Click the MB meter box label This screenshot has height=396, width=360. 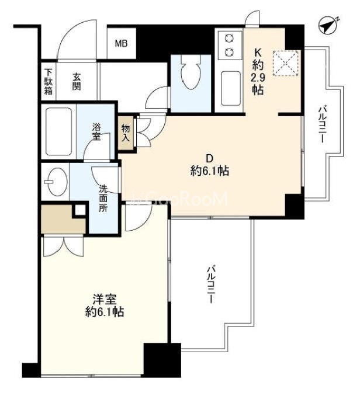pyautogui.click(x=121, y=44)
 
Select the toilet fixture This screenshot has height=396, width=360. pyautogui.click(x=191, y=72)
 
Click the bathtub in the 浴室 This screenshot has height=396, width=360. pyautogui.click(x=58, y=131)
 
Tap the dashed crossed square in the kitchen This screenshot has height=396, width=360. pyautogui.click(x=285, y=63)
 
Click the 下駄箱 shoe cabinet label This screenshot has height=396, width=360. pyautogui.click(x=49, y=82)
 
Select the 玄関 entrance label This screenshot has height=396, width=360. pyautogui.click(x=77, y=82)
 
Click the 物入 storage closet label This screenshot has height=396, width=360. pyautogui.click(x=126, y=133)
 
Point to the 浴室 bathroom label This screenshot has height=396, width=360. pyautogui.click(x=96, y=131)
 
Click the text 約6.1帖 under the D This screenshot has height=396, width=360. pyautogui.click(x=209, y=171)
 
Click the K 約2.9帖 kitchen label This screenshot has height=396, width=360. pyautogui.click(x=258, y=72)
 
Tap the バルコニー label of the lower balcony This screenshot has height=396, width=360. pyautogui.click(x=211, y=283)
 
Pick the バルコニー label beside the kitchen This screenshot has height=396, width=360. pyautogui.click(x=321, y=125)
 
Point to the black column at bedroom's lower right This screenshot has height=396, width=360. pyautogui.click(x=162, y=360)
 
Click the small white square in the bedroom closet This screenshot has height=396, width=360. pyautogui.click(x=80, y=210)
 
